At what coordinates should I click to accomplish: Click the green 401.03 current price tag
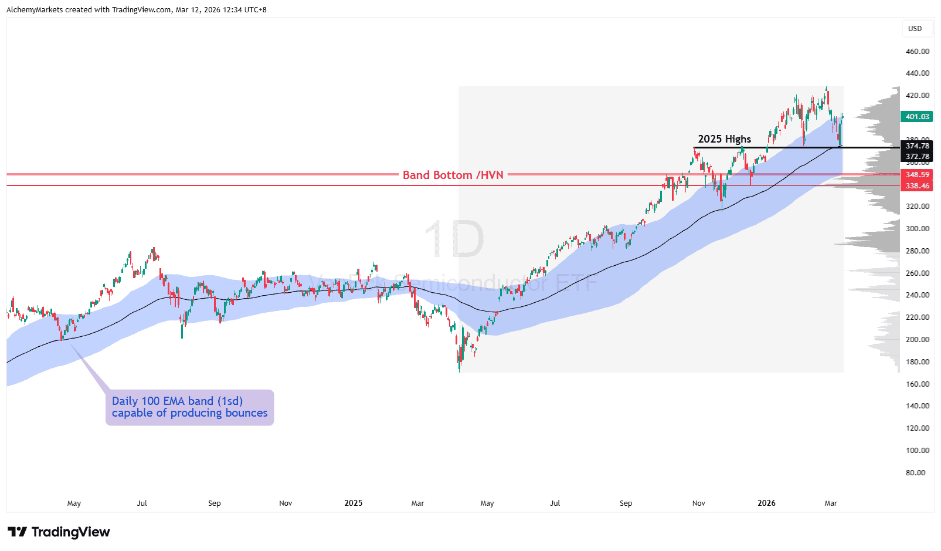tap(916, 117)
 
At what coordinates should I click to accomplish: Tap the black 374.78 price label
tap(916, 146)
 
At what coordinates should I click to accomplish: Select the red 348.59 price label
tap(916, 175)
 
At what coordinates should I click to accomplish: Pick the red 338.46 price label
tap(916, 186)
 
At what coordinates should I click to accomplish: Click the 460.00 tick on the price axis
tap(917, 52)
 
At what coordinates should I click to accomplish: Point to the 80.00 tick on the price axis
tap(915, 473)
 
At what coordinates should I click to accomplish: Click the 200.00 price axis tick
tap(917, 340)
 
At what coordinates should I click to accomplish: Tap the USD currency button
tap(915, 29)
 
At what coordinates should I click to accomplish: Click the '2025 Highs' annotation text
tap(724, 139)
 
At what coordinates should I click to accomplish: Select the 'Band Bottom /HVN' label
tap(453, 175)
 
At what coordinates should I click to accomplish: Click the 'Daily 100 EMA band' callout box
tap(189, 407)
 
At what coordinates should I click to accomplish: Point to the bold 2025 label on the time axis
tap(353, 503)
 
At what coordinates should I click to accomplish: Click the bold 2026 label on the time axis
tap(766, 503)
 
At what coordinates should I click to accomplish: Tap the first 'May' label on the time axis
tap(74, 503)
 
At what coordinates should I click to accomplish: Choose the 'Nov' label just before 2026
tap(698, 503)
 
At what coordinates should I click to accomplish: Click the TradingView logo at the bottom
tap(59, 532)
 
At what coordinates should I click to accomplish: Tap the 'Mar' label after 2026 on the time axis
tap(830, 503)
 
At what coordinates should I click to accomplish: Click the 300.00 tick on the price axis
tap(917, 229)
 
